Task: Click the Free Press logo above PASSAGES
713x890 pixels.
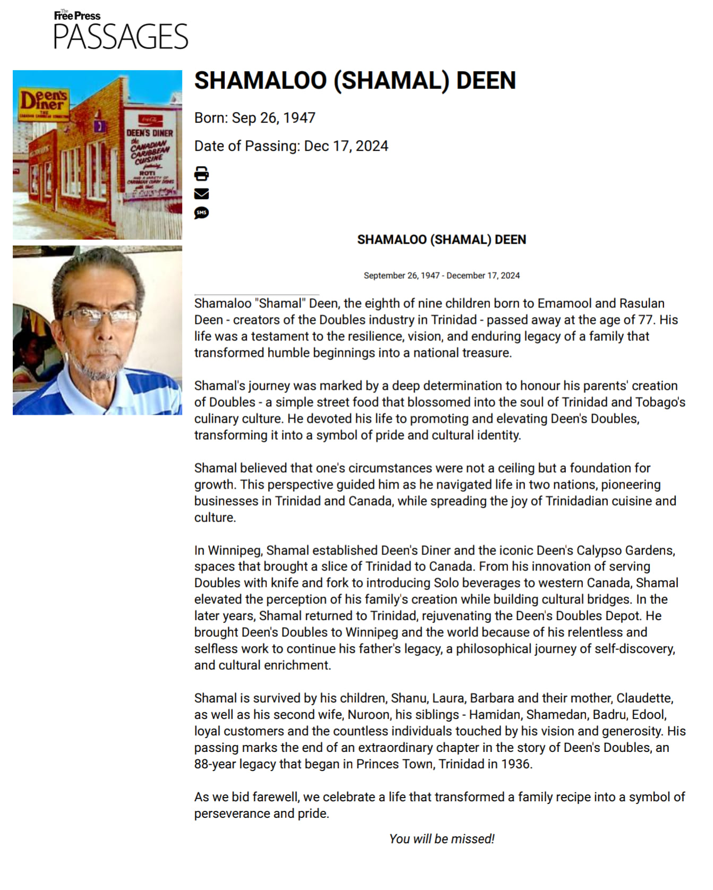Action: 77,15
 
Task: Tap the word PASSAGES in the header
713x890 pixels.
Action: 121,37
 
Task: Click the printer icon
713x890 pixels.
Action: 201,174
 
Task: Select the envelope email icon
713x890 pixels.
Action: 201,193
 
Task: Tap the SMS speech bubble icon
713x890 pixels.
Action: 201,213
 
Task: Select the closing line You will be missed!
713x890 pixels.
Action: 442,839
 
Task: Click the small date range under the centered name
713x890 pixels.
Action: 442,276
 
